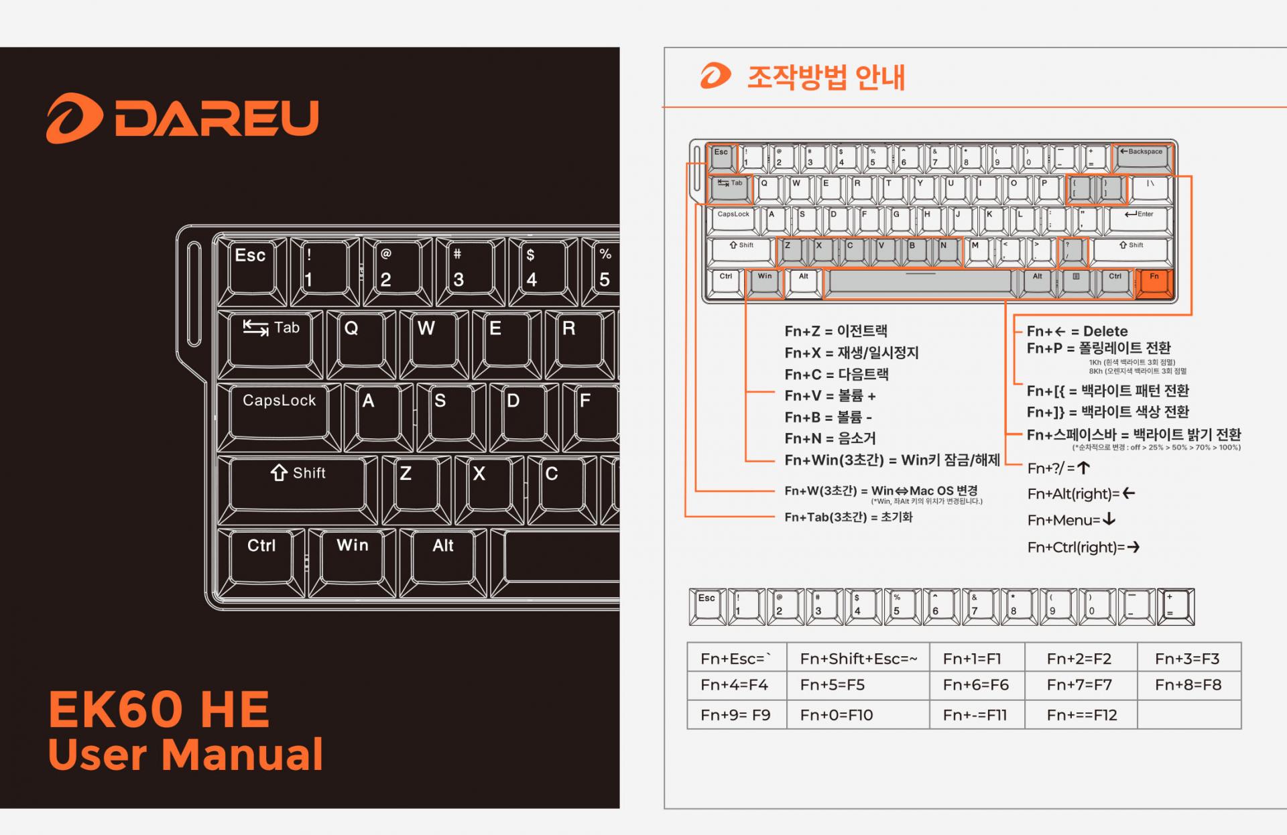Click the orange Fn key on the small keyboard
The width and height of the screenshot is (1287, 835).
coord(1154,282)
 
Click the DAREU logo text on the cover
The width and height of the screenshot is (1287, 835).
coord(216,118)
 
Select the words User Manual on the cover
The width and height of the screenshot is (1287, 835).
coord(186,755)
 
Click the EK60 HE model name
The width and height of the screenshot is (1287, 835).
coord(159,710)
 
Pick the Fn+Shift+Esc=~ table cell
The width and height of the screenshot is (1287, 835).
coord(858,659)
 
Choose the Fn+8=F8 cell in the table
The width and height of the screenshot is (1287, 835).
coord(1188,685)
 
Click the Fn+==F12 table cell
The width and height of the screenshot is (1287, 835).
coord(1081,715)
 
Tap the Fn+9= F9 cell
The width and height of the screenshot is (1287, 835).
coord(735,715)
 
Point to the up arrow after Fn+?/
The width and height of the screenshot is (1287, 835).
coord(1083,468)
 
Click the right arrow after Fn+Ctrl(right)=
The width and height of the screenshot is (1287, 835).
coord(1133,548)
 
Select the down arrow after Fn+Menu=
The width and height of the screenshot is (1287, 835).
coord(1109,519)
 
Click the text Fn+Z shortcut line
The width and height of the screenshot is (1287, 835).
coord(836,331)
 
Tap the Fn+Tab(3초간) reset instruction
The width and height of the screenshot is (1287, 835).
coord(849,517)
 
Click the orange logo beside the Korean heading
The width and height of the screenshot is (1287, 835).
coord(715,76)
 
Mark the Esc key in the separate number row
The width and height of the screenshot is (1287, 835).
coord(707,606)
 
